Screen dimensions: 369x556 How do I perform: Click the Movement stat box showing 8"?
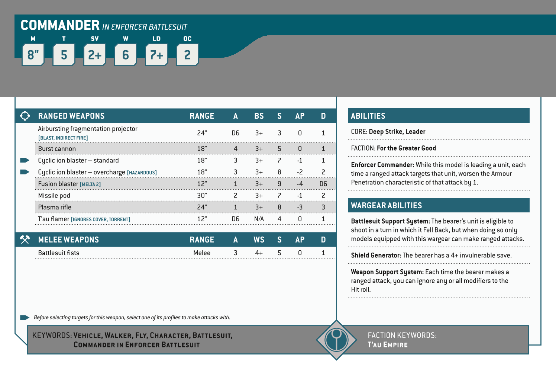coord(33,55)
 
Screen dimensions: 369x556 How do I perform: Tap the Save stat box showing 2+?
coord(95,55)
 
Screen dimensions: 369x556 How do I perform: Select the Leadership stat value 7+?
coord(156,55)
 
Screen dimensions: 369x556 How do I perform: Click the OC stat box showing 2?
coord(187,55)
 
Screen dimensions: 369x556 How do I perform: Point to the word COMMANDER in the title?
coord(60,25)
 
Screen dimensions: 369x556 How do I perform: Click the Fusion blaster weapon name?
coord(58,184)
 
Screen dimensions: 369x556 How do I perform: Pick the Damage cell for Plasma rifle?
coord(323,207)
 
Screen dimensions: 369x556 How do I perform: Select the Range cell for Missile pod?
coord(202,195)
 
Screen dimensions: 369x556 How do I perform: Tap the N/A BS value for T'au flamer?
coord(259,219)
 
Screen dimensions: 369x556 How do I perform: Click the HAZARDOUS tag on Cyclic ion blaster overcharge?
coord(142,173)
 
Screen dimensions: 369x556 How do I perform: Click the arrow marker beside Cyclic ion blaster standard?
coord(25,160)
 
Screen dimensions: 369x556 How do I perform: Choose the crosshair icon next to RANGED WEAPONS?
coord(25,116)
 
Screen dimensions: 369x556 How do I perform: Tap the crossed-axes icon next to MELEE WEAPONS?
coord(25,240)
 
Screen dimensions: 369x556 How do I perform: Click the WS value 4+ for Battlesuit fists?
coord(259,253)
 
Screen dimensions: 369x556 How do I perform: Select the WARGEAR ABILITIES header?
coord(387,205)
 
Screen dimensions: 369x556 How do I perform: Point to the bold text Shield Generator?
coord(376,255)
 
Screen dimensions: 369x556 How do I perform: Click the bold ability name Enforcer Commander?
coord(382,165)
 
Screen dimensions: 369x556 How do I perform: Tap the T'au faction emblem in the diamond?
coord(336,340)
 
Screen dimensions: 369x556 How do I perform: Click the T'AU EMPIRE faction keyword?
coord(388,345)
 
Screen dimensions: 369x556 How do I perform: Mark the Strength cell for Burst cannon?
coord(279,149)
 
